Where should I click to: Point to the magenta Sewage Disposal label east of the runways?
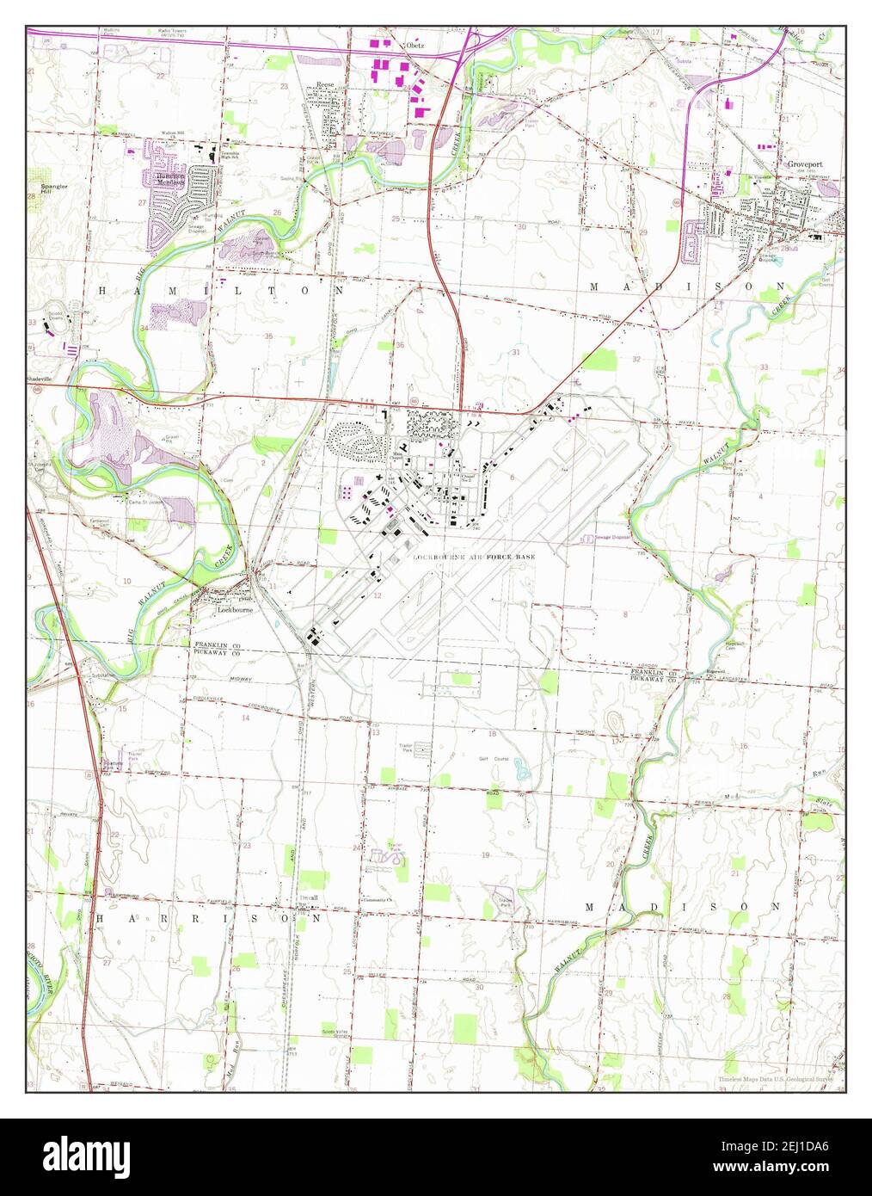point(612,537)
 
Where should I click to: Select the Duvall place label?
point(307,897)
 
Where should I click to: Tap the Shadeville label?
point(45,376)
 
